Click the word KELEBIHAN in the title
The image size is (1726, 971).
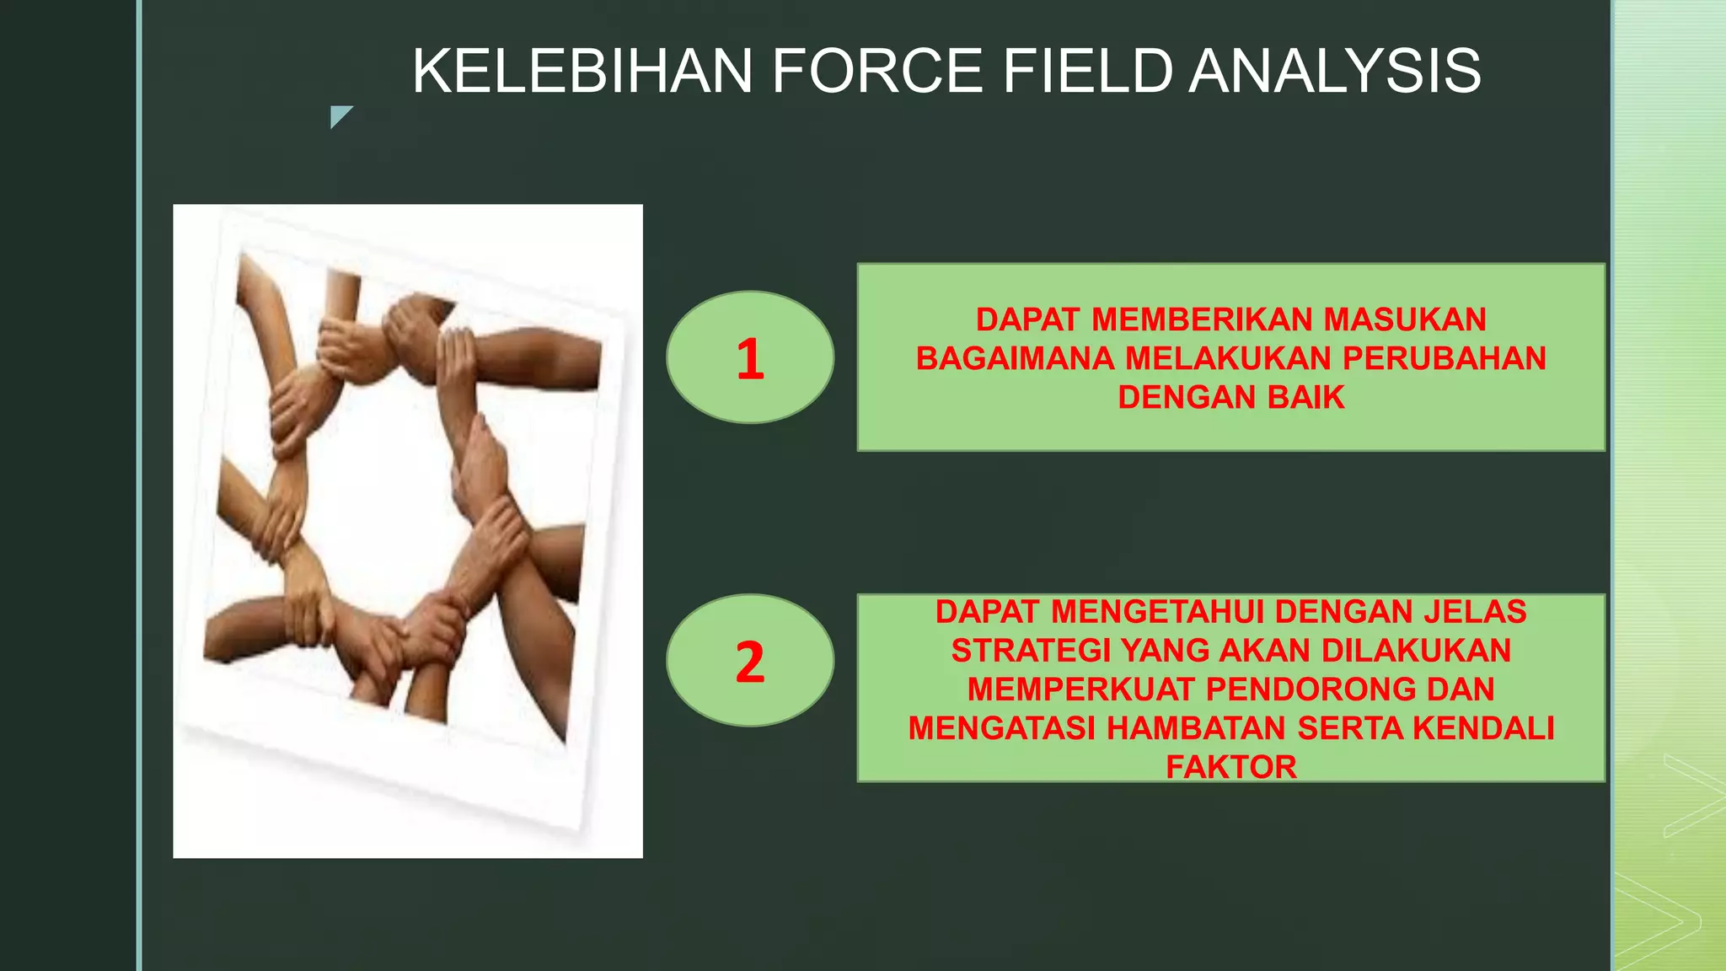[582, 71]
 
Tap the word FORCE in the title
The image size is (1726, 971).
[877, 71]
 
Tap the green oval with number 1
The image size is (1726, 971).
[749, 357]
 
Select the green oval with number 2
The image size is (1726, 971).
[749, 661]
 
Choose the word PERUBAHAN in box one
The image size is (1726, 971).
[1445, 359]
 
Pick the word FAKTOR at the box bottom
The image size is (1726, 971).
[1231, 767]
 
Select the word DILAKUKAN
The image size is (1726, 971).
[1416, 651]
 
